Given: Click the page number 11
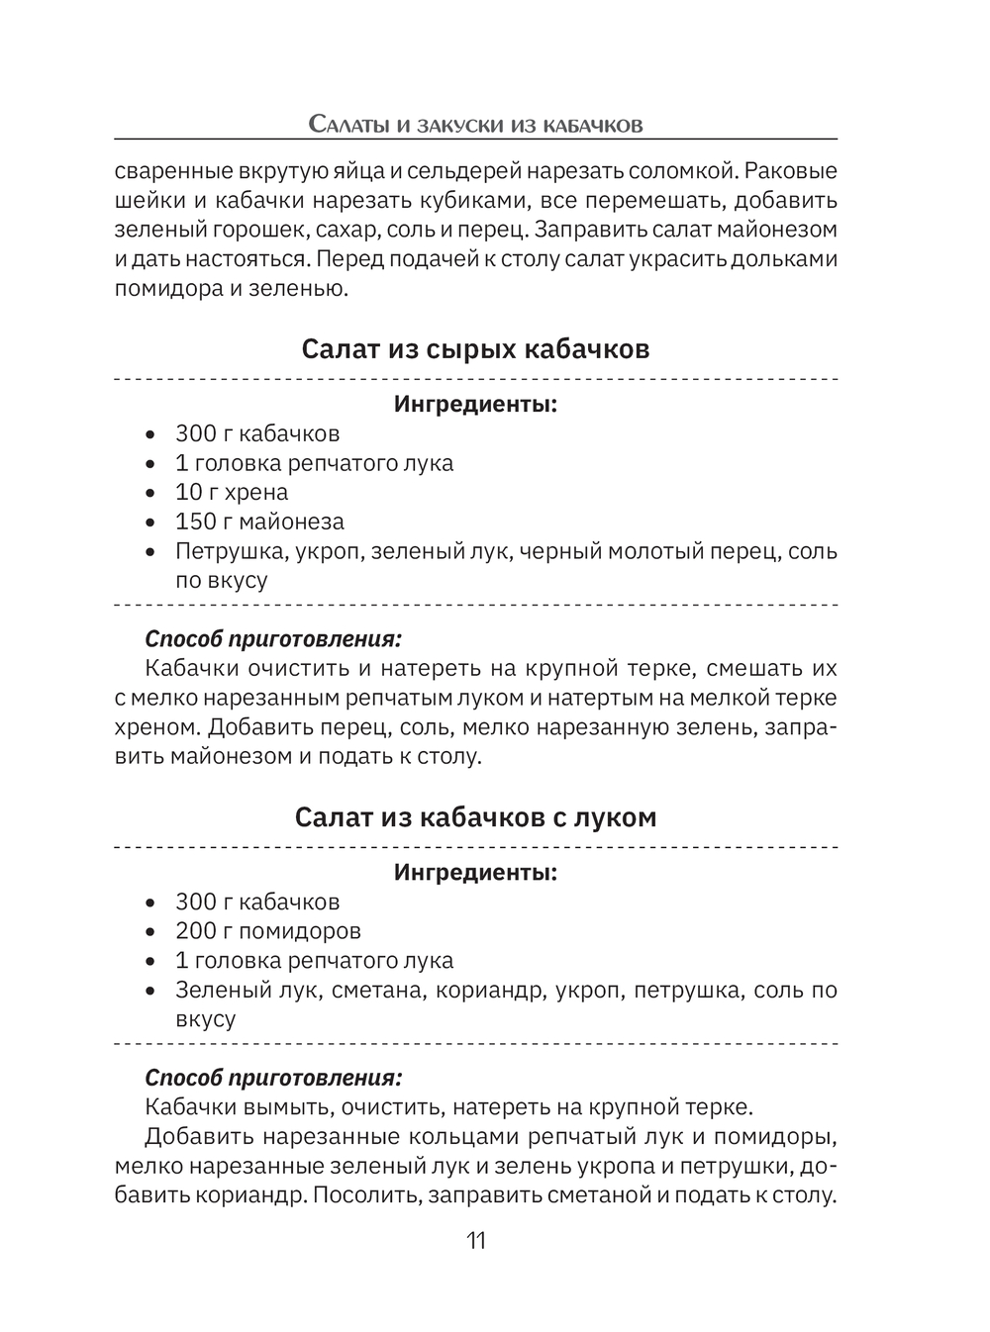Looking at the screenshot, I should pos(475,1241).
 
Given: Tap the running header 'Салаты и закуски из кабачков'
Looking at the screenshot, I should pos(475,125).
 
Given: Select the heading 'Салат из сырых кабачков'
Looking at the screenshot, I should pos(475,349).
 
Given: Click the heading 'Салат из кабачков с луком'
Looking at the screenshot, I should pos(475,817).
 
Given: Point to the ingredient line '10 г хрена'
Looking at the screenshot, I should pos(232,492).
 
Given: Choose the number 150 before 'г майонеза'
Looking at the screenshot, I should pos(196,522).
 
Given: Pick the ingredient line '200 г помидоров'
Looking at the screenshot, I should pos(267,931).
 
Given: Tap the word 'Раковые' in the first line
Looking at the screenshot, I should pos(791,170).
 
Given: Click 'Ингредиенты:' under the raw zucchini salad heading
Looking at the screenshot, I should pos(475,404).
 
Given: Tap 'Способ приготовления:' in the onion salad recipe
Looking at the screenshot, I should pos(273,1077).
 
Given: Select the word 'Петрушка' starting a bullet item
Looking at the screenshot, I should pos(220,551).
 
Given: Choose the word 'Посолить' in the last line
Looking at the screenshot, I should pos(361,1194).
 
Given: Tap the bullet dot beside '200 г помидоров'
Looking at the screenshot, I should pos(150,932).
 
